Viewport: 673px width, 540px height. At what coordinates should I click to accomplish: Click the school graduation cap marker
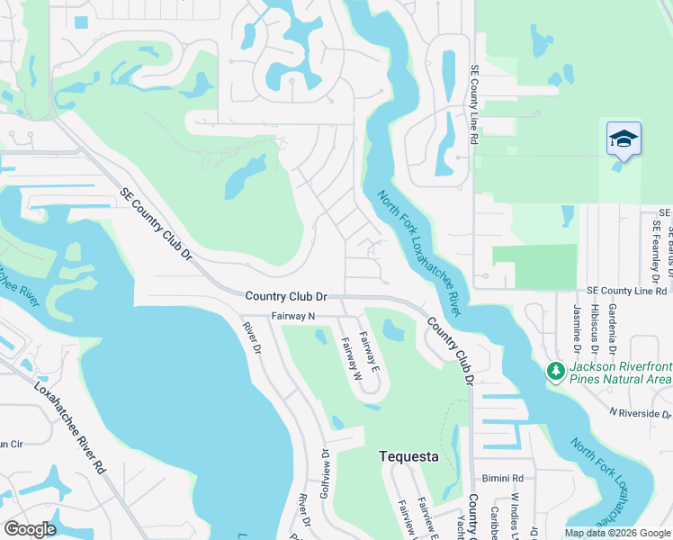point(624,139)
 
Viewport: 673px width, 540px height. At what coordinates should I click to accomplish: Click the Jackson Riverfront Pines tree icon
point(556,370)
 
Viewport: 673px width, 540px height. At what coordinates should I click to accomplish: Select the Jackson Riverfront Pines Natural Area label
point(620,373)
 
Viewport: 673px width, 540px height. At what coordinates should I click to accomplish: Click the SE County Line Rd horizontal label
point(626,291)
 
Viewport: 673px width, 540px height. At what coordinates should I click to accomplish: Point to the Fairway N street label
point(293,316)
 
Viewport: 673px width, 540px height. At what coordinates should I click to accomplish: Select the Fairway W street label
point(350,357)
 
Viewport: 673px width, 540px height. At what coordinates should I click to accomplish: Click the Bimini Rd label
point(502,478)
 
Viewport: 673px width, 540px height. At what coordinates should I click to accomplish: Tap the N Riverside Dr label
point(640,413)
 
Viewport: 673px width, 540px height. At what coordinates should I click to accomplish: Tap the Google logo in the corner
point(30,529)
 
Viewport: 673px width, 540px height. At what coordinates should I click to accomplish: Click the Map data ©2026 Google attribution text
point(616,533)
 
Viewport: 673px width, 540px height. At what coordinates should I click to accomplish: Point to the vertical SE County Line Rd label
point(473,105)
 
